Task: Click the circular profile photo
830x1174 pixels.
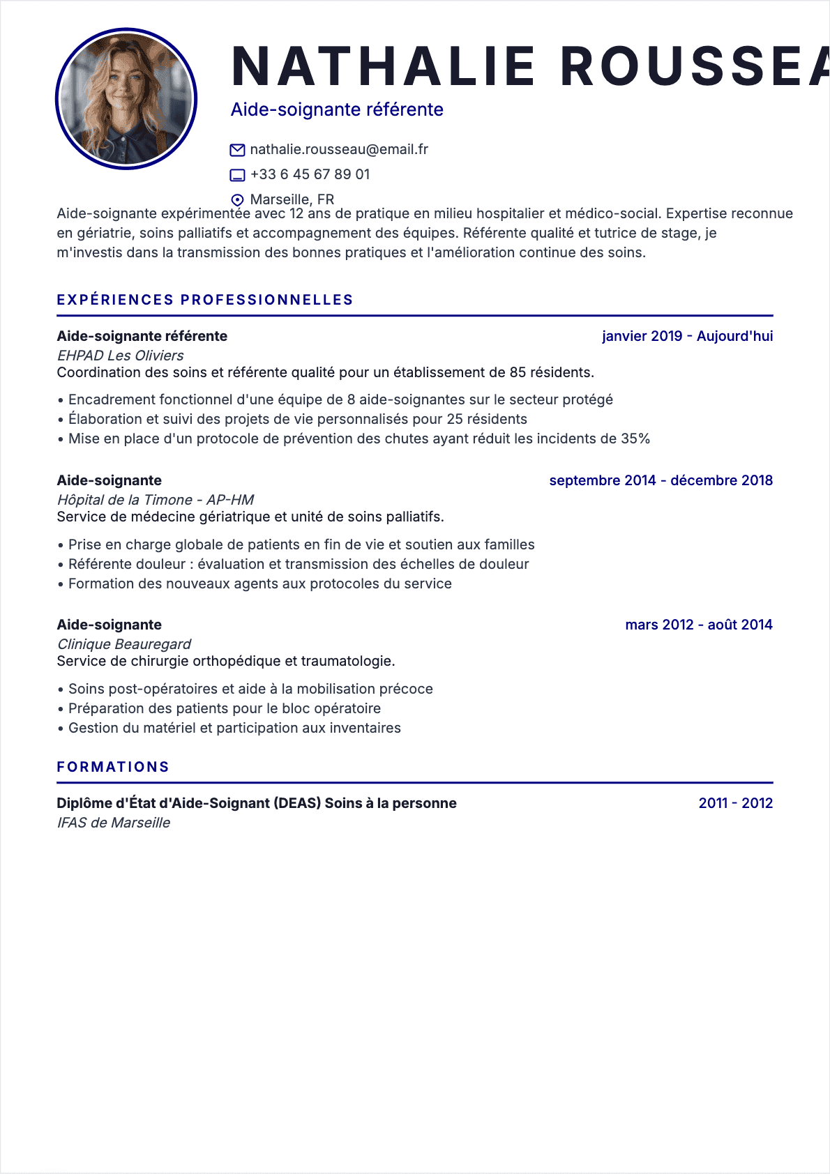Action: pos(126,99)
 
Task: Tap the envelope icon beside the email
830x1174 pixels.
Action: pos(237,150)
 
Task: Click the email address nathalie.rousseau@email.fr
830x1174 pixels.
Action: pos(339,149)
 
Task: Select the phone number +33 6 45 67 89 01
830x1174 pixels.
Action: pos(310,174)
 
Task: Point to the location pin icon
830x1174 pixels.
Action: pos(237,200)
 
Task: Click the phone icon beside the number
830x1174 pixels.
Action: pos(237,175)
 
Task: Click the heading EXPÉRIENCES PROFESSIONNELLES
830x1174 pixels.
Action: pos(205,300)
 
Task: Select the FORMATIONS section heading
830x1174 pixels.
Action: pos(113,767)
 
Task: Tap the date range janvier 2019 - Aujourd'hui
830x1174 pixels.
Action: pos(687,336)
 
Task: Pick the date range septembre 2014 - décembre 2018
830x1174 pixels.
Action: pos(661,480)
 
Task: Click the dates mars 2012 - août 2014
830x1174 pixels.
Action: pos(699,625)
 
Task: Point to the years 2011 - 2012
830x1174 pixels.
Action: pos(735,803)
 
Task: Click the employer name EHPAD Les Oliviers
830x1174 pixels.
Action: pos(120,356)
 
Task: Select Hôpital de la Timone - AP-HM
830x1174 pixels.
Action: pos(155,500)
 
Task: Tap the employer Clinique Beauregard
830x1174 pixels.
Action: pos(123,644)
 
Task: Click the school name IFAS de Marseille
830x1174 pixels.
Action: pos(113,823)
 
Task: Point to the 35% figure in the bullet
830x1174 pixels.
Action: pos(635,439)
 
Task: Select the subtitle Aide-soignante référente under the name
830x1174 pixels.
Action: pos(337,109)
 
